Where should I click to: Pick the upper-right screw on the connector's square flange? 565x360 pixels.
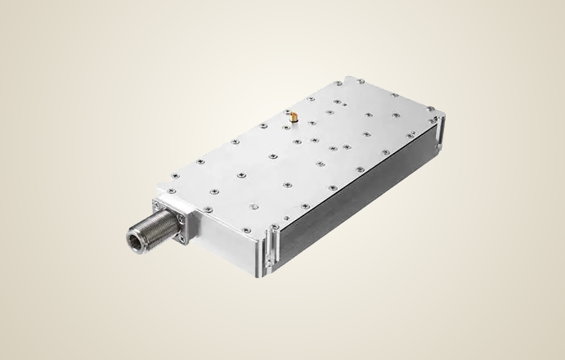(x=191, y=209)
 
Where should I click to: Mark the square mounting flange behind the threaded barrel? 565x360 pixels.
(x=173, y=219)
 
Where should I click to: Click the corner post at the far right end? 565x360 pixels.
(x=438, y=131)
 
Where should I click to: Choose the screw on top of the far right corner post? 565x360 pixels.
(x=439, y=119)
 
